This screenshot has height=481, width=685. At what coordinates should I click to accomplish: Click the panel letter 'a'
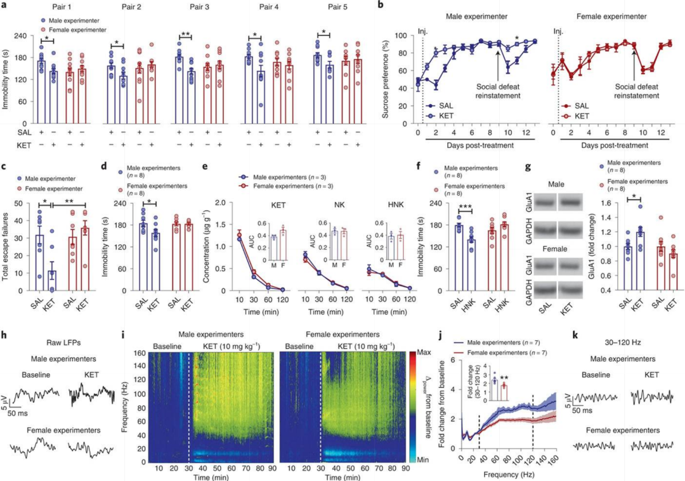tap(4, 6)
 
